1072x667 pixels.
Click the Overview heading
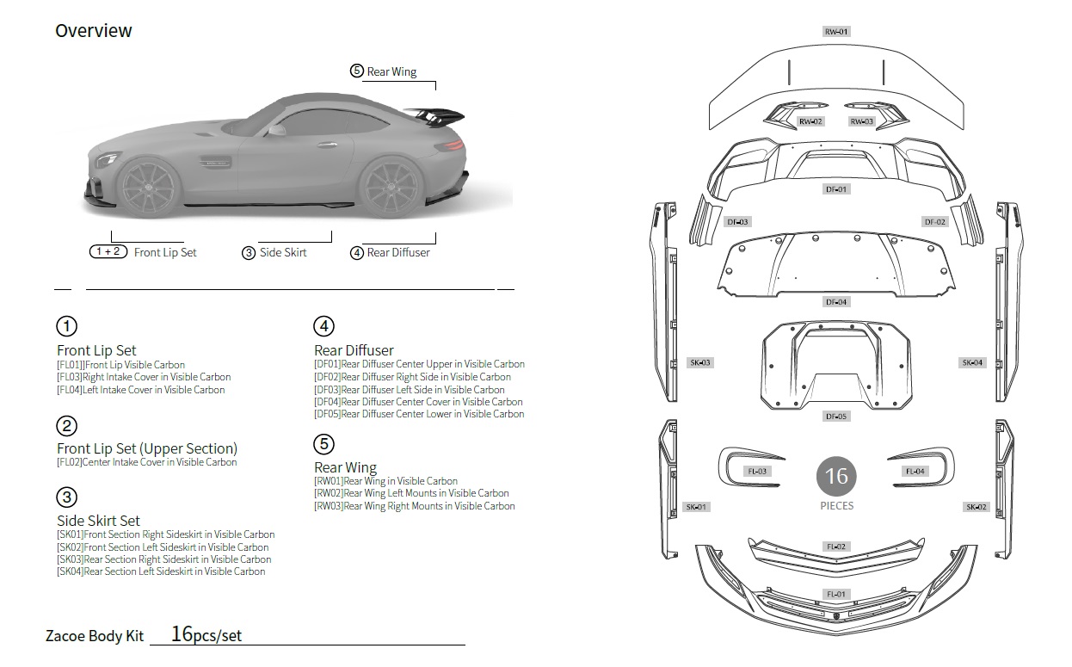tap(94, 31)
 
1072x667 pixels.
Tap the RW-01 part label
tap(836, 32)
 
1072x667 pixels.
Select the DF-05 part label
tap(836, 417)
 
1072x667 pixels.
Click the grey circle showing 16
tap(836, 476)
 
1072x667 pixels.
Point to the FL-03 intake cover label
tap(757, 472)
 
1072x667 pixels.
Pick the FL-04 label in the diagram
tap(915, 472)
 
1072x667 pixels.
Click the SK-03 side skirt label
tap(700, 363)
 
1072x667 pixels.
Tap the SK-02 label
tap(977, 507)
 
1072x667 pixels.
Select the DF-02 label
tap(935, 222)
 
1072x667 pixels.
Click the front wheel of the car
tap(147, 188)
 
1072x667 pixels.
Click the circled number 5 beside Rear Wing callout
tap(356, 71)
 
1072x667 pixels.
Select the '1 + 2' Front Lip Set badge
tap(109, 252)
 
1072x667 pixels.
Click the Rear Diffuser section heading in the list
tap(354, 350)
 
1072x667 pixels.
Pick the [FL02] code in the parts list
tap(70, 462)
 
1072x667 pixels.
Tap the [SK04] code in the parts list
tap(70, 571)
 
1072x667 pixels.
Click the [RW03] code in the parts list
tap(329, 506)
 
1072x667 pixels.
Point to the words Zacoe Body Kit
tap(95, 637)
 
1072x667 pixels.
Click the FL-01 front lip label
tap(836, 594)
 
